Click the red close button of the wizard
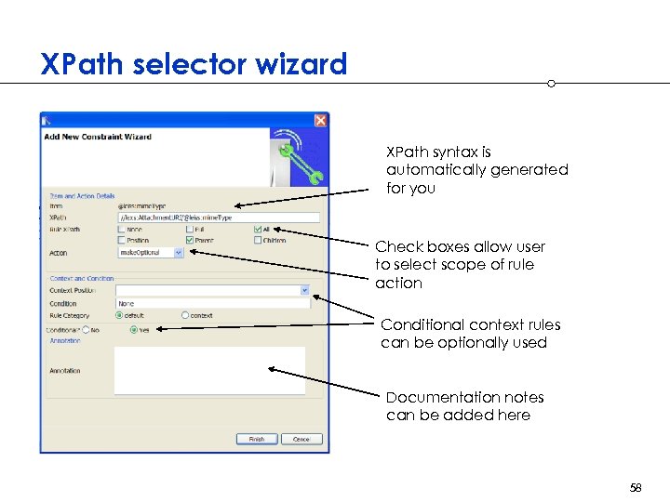(320, 120)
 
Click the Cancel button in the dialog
(301, 439)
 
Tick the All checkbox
(256, 229)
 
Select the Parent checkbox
(190, 240)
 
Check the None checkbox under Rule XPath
(122, 229)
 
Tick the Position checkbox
(122, 240)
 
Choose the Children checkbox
(256, 240)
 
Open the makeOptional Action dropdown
(178, 252)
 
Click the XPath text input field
(218, 218)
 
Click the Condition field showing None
(212, 303)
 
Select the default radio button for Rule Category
(119, 315)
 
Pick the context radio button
(185, 315)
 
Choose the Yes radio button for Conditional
(134, 329)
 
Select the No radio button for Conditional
(86, 329)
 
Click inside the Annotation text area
(209, 370)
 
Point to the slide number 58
(636, 487)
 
